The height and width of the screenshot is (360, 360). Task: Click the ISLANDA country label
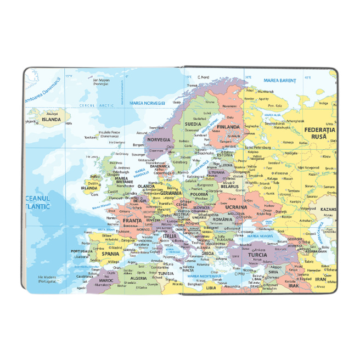(x=51, y=119)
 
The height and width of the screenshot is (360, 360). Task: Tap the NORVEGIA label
(x=159, y=139)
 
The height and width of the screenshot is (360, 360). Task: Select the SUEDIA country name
(x=193, y=124)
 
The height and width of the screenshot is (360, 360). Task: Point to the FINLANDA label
(x=228, y=127)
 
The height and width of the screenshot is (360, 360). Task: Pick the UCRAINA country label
(x=236, y=207)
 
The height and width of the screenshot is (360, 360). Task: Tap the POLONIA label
(x=199, y=194)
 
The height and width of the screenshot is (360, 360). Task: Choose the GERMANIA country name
(x=171, y=193)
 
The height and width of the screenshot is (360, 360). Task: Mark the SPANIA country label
(x=110, y=254)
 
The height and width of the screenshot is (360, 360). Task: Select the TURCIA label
(x=257, y=255)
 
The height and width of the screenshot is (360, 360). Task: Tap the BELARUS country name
(x=230, y=186)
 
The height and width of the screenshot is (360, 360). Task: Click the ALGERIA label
(x=138, y=278)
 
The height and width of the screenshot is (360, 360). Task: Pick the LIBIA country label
(x=211, y=287)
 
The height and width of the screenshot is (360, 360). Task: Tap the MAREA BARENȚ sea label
(x=279, y=80)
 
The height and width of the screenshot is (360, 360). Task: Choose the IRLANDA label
(x=89, y=188)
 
